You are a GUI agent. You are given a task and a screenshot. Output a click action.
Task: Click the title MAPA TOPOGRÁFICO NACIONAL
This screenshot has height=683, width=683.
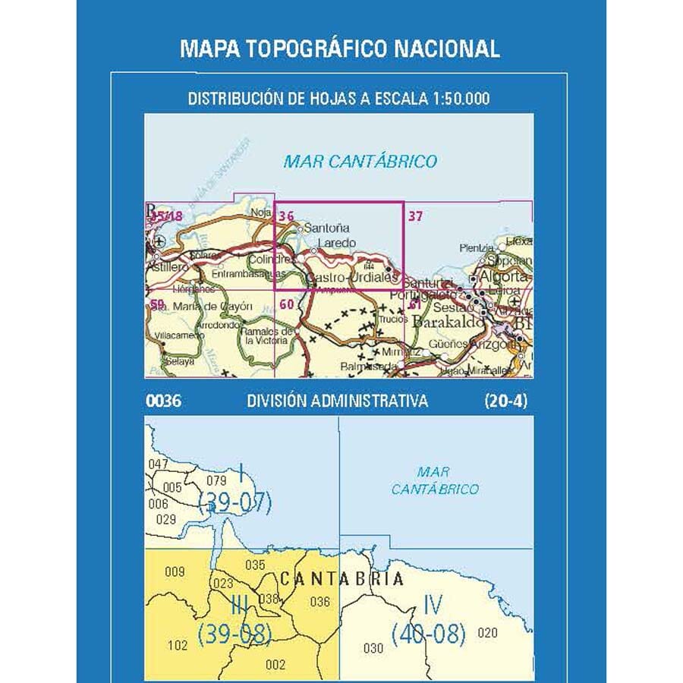340,49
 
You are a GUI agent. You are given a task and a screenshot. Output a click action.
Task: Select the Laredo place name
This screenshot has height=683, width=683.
337,243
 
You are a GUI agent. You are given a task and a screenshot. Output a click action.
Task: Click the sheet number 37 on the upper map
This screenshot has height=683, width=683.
415,216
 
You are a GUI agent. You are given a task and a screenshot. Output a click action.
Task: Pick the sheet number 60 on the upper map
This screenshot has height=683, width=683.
286,305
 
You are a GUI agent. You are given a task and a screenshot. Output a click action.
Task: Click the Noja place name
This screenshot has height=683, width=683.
260,215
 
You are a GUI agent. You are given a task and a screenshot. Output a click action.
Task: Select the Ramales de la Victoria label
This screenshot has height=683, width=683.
266,336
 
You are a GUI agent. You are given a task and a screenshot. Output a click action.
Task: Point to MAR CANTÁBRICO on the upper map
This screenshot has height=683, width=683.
360,161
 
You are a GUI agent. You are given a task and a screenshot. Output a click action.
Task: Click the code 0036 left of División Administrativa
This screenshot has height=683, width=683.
163,401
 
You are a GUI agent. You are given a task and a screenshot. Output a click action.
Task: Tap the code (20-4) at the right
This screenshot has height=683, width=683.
505,401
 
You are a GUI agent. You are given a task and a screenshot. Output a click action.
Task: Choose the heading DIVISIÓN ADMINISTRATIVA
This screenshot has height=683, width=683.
337,401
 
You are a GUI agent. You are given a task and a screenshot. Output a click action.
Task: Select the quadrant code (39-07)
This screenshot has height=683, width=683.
234,503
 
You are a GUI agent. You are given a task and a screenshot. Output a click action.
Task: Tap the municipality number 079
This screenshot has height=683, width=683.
217,480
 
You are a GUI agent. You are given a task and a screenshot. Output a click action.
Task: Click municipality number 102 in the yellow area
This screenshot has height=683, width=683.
176,646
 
